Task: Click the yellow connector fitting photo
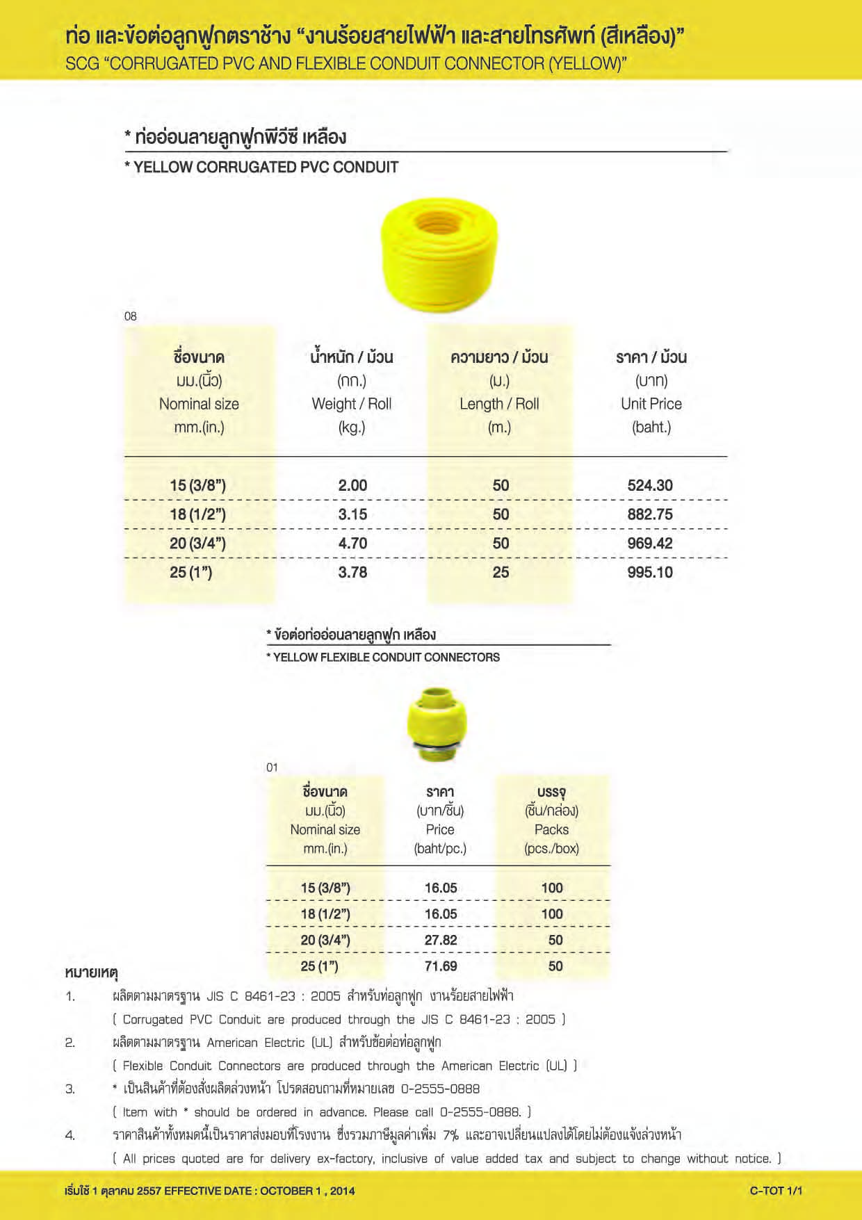[x=437, y=724]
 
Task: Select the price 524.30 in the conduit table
[x=650, y=485]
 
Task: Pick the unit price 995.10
[x=650, y=572]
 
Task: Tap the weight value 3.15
[x=352, y=514]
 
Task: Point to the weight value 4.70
[x=352, y=544]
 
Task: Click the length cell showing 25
[x=501, y=572]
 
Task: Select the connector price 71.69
[x=441, y=966]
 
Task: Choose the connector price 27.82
[x=441, y=940]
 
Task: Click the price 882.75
[x=650, y=514]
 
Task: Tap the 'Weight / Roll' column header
[x=352, y=404]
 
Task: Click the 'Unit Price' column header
[x=651, y=404]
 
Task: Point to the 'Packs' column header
[x=551, y=829]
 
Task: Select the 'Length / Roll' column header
[x=499, y=404]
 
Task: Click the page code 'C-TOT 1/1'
[x=776, y=1190]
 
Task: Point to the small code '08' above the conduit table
[x=131, y=316]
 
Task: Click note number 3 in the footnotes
[x=70, y=1089]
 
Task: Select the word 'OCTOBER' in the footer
[x=286, y=1191]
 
